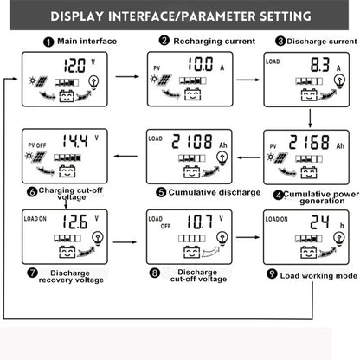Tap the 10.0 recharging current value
tap(188, 63)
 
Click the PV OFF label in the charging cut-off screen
tap(38, 134)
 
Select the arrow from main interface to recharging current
tap(128, 76)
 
